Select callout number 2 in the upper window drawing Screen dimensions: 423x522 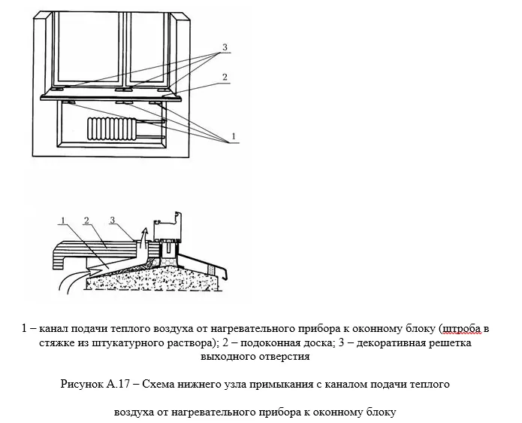pyautogui.click(x=225, y=77)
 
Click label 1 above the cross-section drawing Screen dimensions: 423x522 pyautogui.click(x=64, y=220)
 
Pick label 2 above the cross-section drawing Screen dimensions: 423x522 pyautogui.click(x=87, y=220)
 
